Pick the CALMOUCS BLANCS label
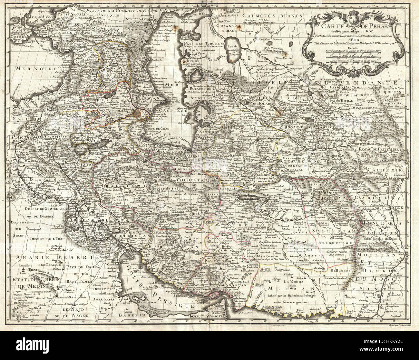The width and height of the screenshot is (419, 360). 273,15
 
